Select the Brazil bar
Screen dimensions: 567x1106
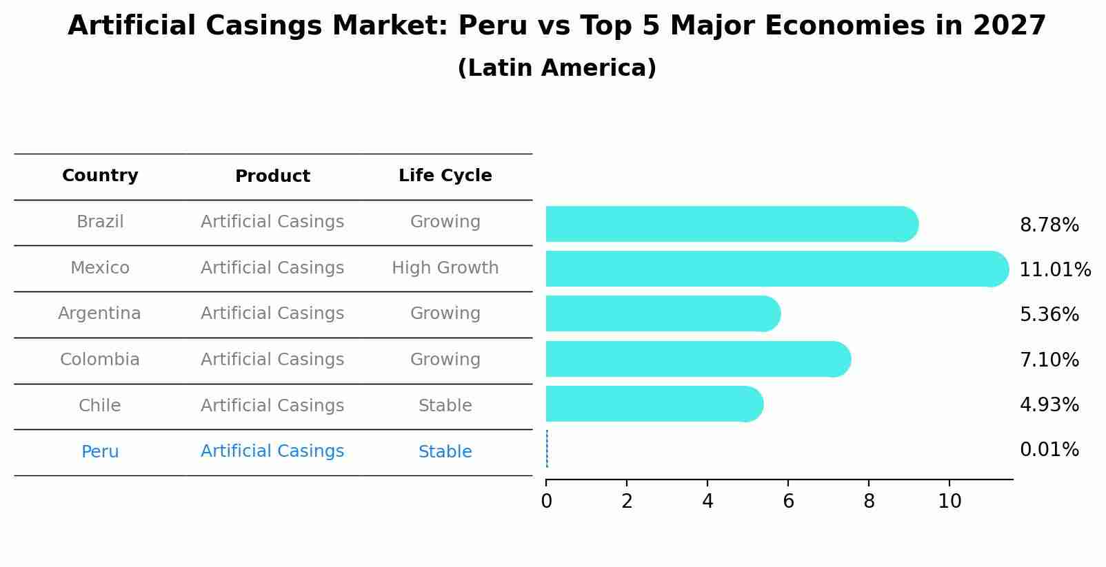[731, 224]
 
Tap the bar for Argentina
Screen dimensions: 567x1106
[662, 313]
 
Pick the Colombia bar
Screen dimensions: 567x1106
[697, 359]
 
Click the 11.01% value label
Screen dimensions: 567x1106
[1055, 270]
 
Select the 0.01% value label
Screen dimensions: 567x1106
[1049, 450]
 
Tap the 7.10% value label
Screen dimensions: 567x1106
[1049, 360]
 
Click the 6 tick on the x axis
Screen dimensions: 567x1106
[788, 502]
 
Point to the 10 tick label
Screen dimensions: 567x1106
[949, 502]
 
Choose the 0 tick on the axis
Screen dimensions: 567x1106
[546, 502]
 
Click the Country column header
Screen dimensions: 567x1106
[100, 176]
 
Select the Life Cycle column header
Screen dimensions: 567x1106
[445, 176]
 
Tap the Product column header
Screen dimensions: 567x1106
[272, 176]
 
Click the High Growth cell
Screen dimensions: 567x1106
[445, 268]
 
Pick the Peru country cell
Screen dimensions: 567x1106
[100, 452]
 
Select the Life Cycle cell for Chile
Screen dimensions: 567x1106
[445, 406]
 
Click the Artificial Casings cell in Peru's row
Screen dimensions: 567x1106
[272, 451]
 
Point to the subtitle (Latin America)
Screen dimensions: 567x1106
[556, 68]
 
